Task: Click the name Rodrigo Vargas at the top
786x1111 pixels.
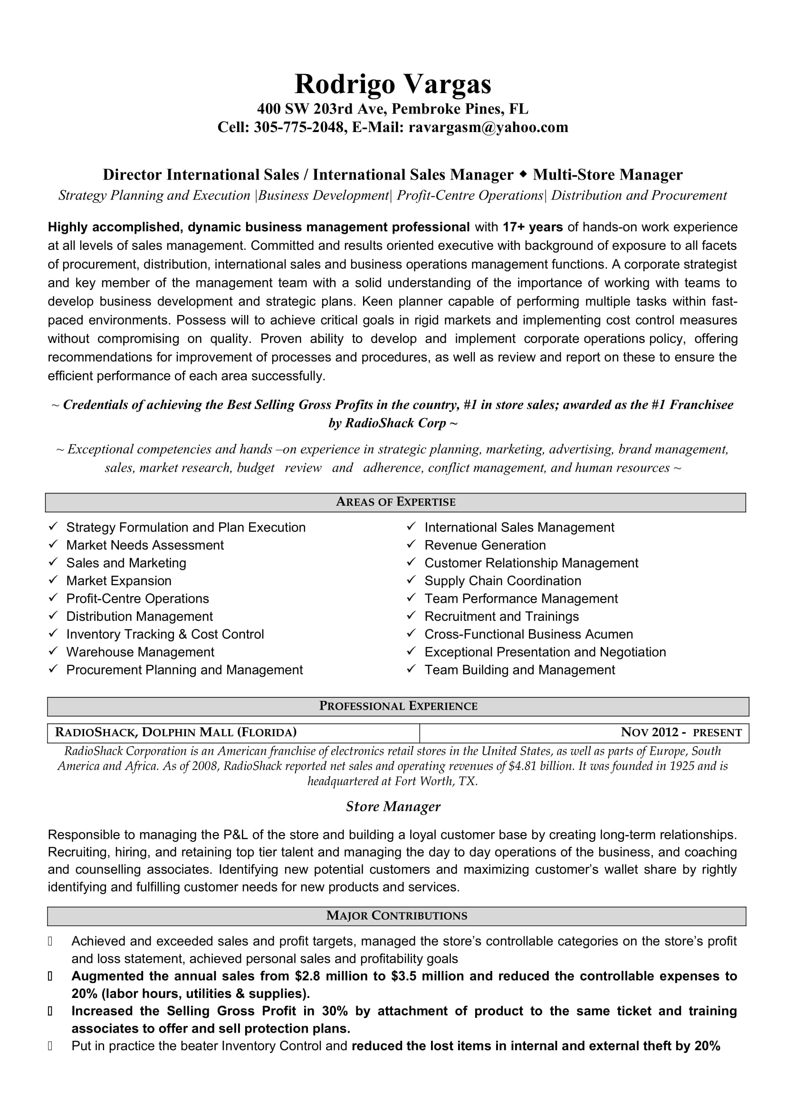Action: (393, 84)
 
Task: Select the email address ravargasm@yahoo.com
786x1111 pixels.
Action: (488, 127)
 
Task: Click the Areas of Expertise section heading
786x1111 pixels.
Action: (395, 502)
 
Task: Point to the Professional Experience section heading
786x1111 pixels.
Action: (398, 706)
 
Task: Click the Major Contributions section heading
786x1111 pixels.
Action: (396, 915)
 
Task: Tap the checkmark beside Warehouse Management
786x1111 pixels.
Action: (53, 651)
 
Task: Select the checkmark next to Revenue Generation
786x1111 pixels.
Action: (412, 544)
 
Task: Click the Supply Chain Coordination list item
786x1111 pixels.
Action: (502, 580)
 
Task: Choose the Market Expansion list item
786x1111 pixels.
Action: (119, 580)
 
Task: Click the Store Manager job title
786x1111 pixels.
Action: (393, 807)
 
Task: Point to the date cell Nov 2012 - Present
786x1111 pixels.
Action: (681, 732)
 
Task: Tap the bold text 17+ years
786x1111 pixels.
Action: (532, 227)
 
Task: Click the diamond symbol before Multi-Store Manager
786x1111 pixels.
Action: (523, 174)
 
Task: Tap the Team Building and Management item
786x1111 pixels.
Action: (519, 670)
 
